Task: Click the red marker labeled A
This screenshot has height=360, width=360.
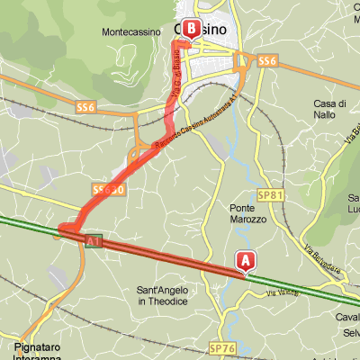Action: coord(244,259)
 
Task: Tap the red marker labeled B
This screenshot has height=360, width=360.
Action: coord(192,29)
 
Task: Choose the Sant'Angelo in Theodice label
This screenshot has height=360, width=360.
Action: coord(165,296)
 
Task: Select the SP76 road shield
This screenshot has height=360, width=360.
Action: coord(220,347)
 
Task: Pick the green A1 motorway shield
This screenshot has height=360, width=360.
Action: coord(94,241)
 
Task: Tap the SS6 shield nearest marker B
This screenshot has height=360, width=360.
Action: coord(265,61)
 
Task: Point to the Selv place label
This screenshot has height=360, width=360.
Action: coord(350,333)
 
